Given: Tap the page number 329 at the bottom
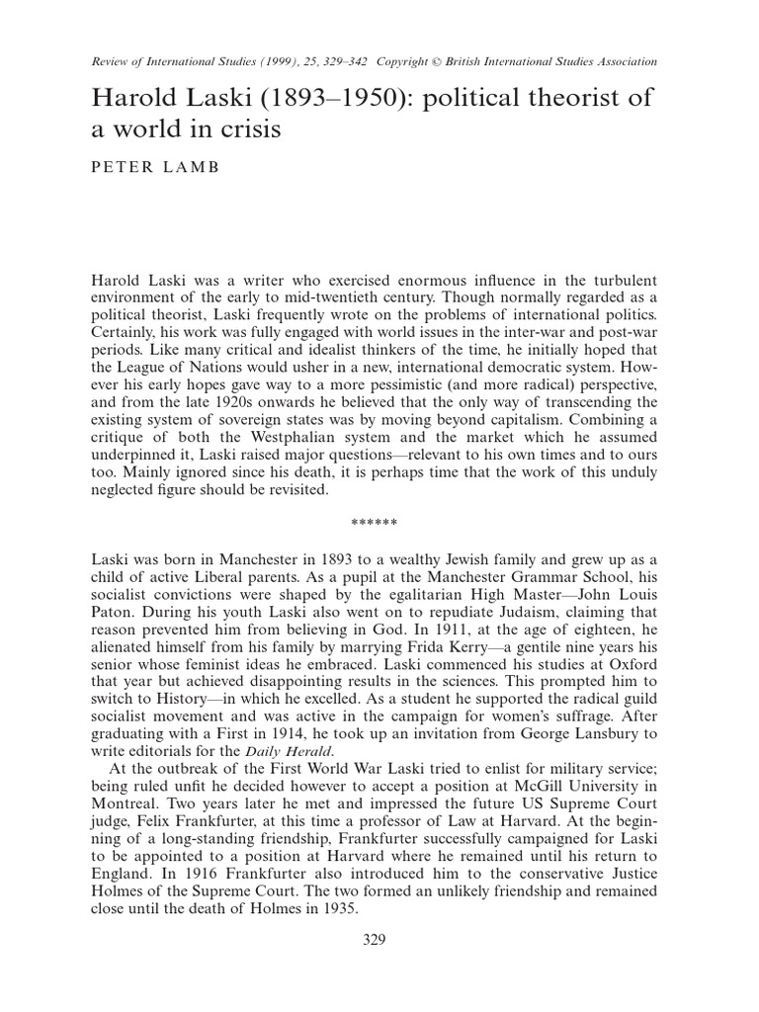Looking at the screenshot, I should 379,939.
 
